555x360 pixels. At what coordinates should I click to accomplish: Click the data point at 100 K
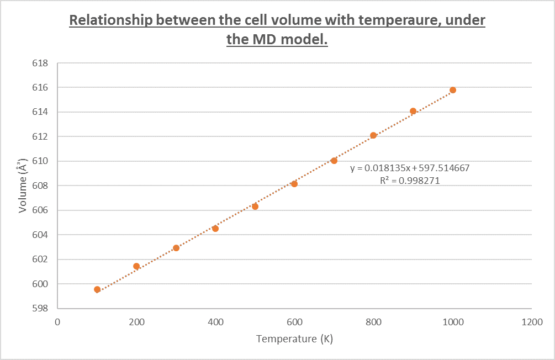click(97, 289)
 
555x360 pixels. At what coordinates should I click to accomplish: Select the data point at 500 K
click(255, 207)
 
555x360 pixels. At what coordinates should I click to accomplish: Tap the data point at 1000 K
click(453, 90)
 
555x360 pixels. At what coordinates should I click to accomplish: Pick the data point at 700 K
click(334, 161)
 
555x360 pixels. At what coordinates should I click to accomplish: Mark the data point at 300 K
click(176, 248)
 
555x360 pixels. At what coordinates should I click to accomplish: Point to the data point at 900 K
click(413, 111)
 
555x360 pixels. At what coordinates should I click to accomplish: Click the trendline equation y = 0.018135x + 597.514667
click(410, 168)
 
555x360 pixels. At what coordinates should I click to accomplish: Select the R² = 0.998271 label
click(410, 180)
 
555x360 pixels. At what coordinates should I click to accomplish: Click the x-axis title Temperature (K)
click(294, 338)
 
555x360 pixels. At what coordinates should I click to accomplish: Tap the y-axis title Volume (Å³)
click(24, 186)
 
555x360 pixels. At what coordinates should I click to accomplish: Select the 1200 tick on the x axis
click(532, 321)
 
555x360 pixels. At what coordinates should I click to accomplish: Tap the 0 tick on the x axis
click(57, 321)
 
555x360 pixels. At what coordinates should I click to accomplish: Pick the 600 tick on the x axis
click(294, 321)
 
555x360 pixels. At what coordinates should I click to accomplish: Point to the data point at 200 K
click(136, 266)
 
